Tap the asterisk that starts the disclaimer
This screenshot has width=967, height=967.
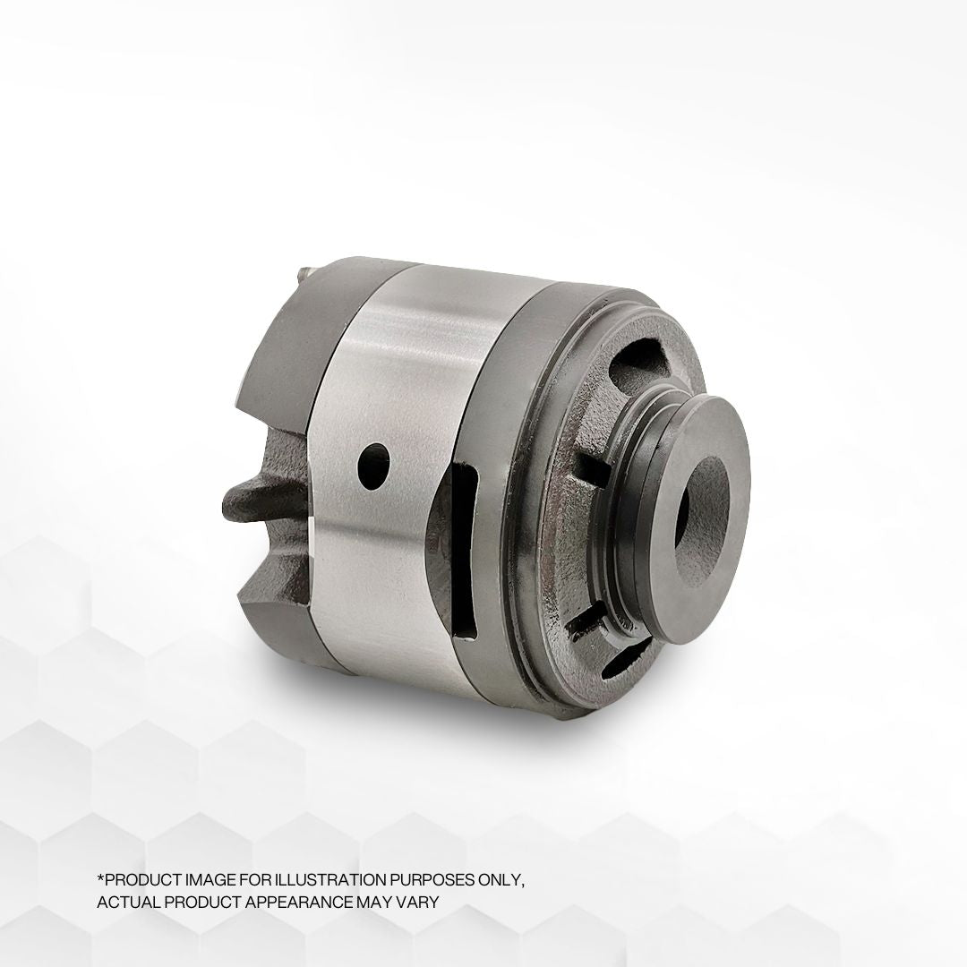coord(99,878)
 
